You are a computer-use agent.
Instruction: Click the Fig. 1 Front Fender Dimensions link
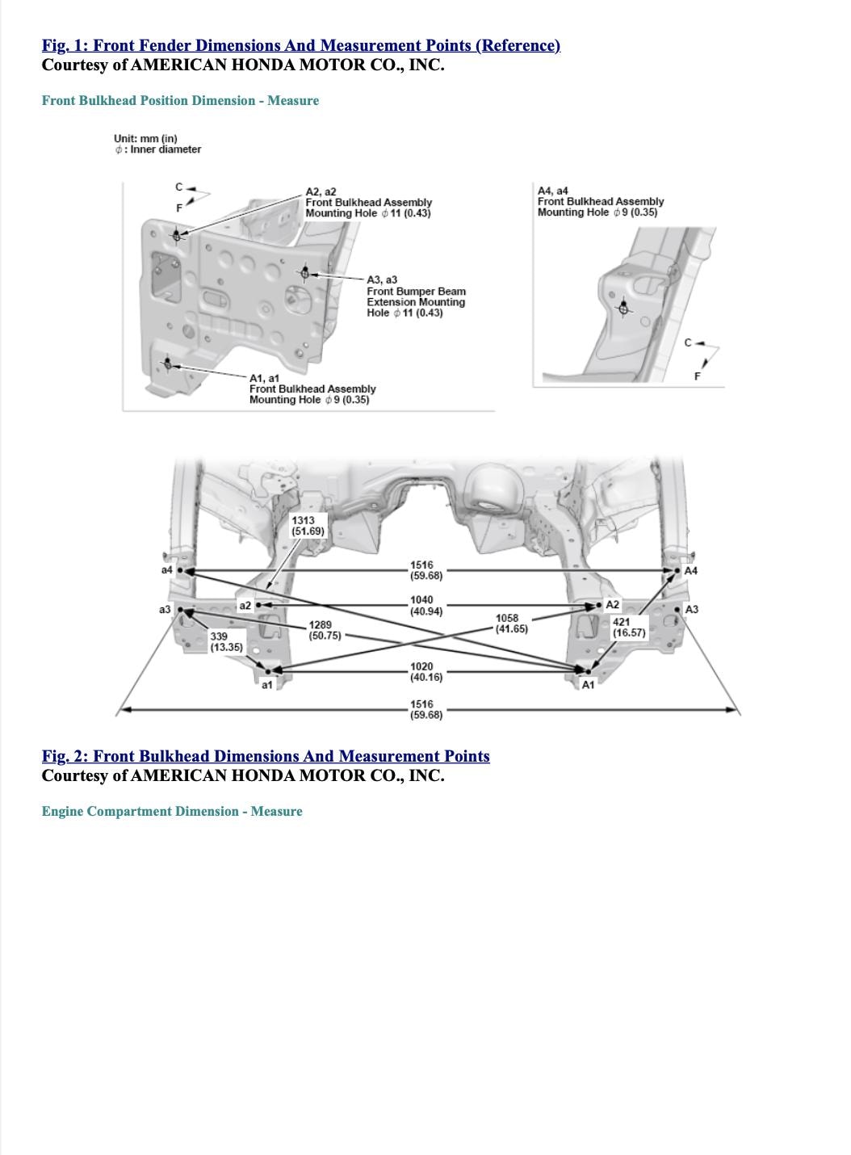pyautogui.click(x=300, y=45)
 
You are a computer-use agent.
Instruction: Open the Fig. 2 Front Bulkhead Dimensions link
pyautogui.click(x=266, y=756)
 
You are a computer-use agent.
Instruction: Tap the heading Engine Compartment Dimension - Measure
pyautogui.click(x=172, y=811)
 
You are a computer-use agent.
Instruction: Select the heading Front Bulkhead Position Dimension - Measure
pyautogui.click(x=180, y=100)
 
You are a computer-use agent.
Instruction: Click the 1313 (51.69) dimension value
pyautogui.click(x=308, y=526)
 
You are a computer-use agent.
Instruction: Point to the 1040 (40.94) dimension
pyautogui.click(x=425, y=606)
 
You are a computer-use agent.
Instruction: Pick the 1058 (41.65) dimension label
pyautogui.click(x=511, y=623)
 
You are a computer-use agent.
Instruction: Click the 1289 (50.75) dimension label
pyautogui.click(x=325, y=630)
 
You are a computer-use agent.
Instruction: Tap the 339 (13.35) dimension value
pyautogui.click(x=226, y=642)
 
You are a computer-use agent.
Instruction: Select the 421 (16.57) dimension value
pyautogui.click(x=629, y=628)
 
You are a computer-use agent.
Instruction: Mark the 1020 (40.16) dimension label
pyautogui.click(x=425, y=672)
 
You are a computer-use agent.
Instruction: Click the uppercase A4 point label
pyautogui.click(x=690, y=570)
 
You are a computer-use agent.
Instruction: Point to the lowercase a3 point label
pyautogui.click(x=165, y=609)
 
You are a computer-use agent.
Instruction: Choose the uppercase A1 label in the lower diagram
pyautogui.click(x=588, y=685)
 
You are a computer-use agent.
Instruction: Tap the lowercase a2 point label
pyautogui.click(x=245, y=605)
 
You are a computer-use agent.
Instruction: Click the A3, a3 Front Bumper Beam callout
pyautogui.click(x=416, y=296)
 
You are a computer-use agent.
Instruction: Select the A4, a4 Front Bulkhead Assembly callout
pyautogui.click(x=600, y=201)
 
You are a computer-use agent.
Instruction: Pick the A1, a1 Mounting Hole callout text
pyautogui.click(x=312, y=388)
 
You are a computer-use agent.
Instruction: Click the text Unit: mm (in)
pyautogui.click(x=145, y=138)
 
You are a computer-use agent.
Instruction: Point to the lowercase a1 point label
pyautogui.click(x=266, y=685)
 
